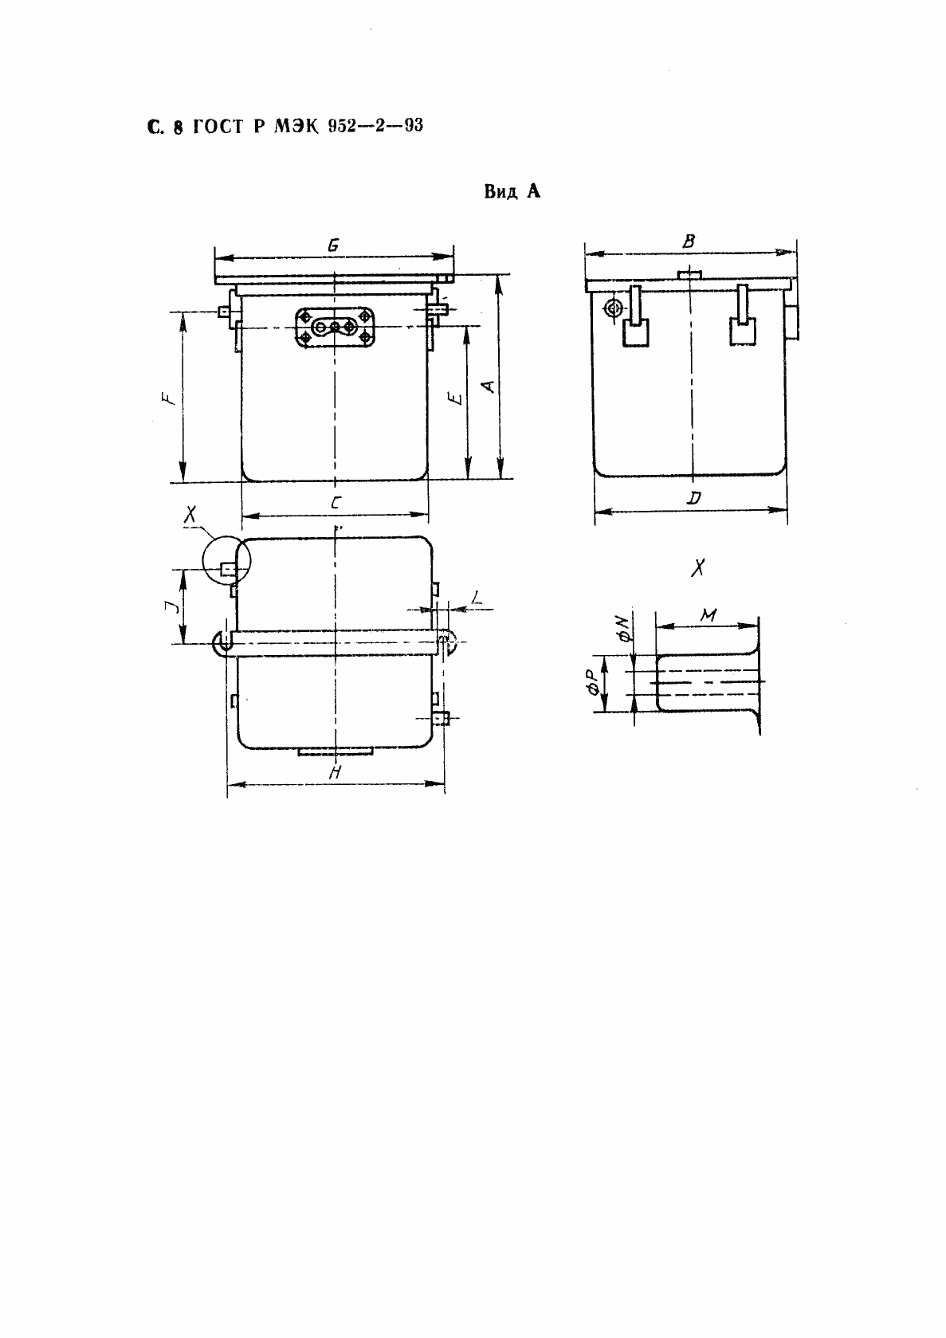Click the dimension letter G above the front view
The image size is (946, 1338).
click(x=333, y=245)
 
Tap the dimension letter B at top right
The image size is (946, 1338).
click(x=689, y=241)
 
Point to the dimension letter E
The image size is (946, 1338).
click(x=457, y=398)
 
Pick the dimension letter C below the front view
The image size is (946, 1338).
click(x=335, y=503)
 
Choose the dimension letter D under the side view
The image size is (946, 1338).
click(x=693, y=497)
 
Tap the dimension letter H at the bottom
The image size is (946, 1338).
click(x=335, y=772)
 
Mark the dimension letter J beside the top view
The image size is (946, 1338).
click(x=171, y=607)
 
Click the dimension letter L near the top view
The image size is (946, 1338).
click(x=476, y=597)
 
